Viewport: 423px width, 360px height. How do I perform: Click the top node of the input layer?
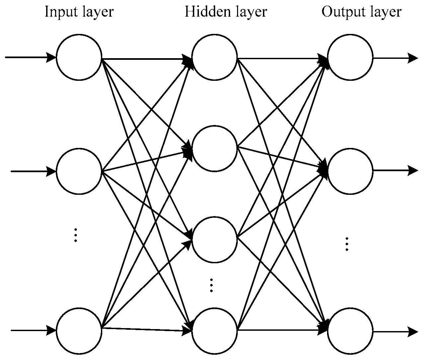79,57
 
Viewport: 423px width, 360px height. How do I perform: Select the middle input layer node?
79,171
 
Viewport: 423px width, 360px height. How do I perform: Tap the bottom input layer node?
79,330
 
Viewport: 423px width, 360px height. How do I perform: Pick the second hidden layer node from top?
214,149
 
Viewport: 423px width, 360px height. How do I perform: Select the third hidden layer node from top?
214,239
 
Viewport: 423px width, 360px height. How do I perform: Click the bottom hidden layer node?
214,330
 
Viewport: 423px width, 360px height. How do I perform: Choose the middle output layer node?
350,171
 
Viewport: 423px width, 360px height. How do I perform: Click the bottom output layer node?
350,331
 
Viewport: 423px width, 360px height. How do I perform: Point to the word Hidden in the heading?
203,12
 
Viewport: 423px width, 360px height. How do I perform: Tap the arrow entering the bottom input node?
33,330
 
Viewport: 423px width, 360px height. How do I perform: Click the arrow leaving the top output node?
395,58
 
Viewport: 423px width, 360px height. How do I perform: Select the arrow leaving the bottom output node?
395,331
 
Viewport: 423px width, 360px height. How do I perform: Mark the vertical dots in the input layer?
76,235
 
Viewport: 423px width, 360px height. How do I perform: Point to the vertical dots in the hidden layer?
211,285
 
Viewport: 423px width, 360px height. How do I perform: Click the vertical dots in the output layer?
347,244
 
